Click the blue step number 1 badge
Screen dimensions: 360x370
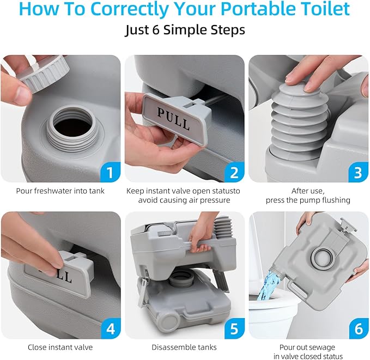(110, 173)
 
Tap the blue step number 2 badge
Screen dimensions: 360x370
(234, 173)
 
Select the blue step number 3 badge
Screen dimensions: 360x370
(357, 173)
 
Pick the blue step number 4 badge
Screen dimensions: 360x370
(110, 329)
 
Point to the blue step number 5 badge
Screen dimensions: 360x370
(234, 329)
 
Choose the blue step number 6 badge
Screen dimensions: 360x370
(357, 329)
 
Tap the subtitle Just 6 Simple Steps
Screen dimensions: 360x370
(185, 29)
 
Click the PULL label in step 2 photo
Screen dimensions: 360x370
(173, 119)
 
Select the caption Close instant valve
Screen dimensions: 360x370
(60, 347)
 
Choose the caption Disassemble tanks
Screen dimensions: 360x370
(185, 347)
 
